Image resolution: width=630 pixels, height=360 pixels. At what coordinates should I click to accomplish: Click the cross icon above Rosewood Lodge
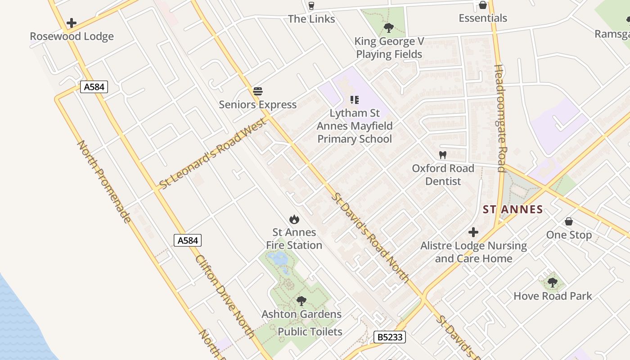tap(71, 23)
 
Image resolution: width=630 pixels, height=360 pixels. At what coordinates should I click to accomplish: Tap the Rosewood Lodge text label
tap(72, 36)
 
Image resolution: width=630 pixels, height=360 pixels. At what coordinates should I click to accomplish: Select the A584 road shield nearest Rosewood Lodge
tap(94, 86)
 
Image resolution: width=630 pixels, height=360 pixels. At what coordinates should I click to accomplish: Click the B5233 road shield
tap(390, 337)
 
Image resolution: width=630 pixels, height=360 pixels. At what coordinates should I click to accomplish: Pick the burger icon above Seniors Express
tap(258, 91)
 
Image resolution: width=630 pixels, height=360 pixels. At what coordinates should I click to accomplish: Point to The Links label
tap(311, 19)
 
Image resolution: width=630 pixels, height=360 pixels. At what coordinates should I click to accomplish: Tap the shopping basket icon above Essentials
tap(483, 5)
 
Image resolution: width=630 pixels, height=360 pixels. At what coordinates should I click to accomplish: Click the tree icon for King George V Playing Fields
tap(389, 28)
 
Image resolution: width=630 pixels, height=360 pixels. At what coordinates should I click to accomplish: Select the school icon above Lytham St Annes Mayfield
tap(355, 100)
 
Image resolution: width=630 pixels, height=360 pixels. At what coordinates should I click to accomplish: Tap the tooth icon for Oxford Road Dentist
tap(443, 155)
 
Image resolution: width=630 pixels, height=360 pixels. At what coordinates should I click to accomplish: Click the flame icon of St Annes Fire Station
tap(294, 219)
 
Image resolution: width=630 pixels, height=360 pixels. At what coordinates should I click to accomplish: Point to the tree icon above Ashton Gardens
tap(301, 301)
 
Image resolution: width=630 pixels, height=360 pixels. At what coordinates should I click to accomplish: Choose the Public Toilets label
tap(310, 332)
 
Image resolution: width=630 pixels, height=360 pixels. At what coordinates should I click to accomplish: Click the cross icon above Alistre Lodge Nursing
tap(473, 232)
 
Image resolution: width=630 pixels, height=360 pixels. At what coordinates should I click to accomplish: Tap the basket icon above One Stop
tap(569, 221)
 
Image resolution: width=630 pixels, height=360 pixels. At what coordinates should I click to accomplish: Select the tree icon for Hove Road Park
tap(553, 283)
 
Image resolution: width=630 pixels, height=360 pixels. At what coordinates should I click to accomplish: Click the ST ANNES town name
tap(513, 209)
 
